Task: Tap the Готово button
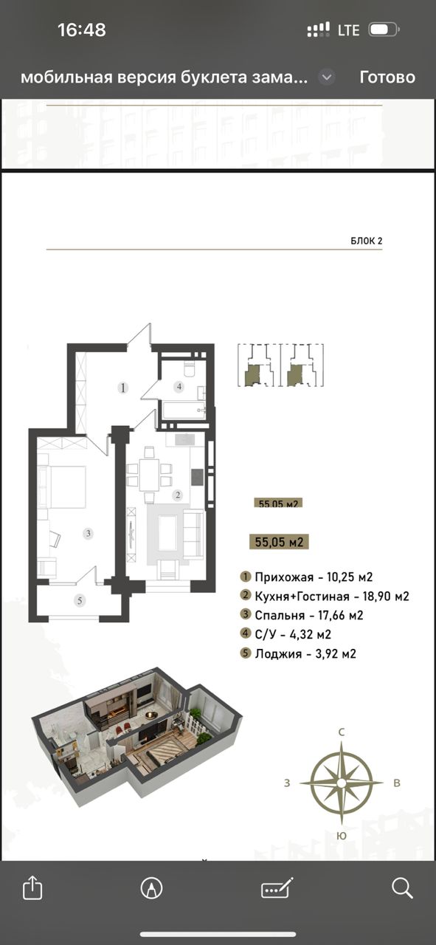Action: [387, 78]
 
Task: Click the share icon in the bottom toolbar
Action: [32, 888]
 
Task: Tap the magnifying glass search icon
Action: [401, 888]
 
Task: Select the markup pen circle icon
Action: [151, 888]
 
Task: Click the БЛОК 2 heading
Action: [367, 241]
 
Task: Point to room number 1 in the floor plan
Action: [122, 388]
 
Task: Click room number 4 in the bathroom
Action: [179, 386]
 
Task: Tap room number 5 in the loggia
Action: [80, 600]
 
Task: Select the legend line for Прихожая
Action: [307, 577]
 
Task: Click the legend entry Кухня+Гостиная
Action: [325, 596]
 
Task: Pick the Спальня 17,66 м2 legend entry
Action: [302, 615]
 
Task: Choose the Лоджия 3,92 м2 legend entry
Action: [298, 653]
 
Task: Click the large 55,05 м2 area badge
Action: [279, 542]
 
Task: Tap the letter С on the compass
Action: [342, 732]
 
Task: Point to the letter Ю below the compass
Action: [342, 836]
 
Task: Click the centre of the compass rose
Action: [342, 783]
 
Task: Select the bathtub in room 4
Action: [184, 410]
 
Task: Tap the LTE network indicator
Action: [349, 30]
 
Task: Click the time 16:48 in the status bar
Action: [81, 30]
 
